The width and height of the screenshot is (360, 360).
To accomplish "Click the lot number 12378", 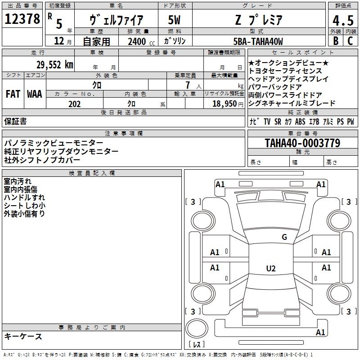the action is pyautogui.click(x=22, y=19).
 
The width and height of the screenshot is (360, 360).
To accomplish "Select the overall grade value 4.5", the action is pyautogui.click(x=343, y=20).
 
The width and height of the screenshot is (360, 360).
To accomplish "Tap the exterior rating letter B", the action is pyautogui.click(x=336, y=40).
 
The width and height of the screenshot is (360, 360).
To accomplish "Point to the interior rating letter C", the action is pyautogui.click(x=350, y=40).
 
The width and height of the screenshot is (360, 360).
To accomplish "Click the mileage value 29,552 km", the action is pyautogui.click(x=55, y=65).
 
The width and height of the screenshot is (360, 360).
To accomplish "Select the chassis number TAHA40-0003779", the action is pyautogui.click(x=302, y=143).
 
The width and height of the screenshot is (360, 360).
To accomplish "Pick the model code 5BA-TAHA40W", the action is pyautogui.click(x=258, y=41).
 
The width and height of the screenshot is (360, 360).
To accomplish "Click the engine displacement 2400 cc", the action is pyautogui.click(x=141, y=41).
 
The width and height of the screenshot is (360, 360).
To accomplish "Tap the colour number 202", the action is pyautogui.click(x=74, y=104).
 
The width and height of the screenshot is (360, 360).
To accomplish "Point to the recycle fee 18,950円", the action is pyautogui.click(x=228, y=104).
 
